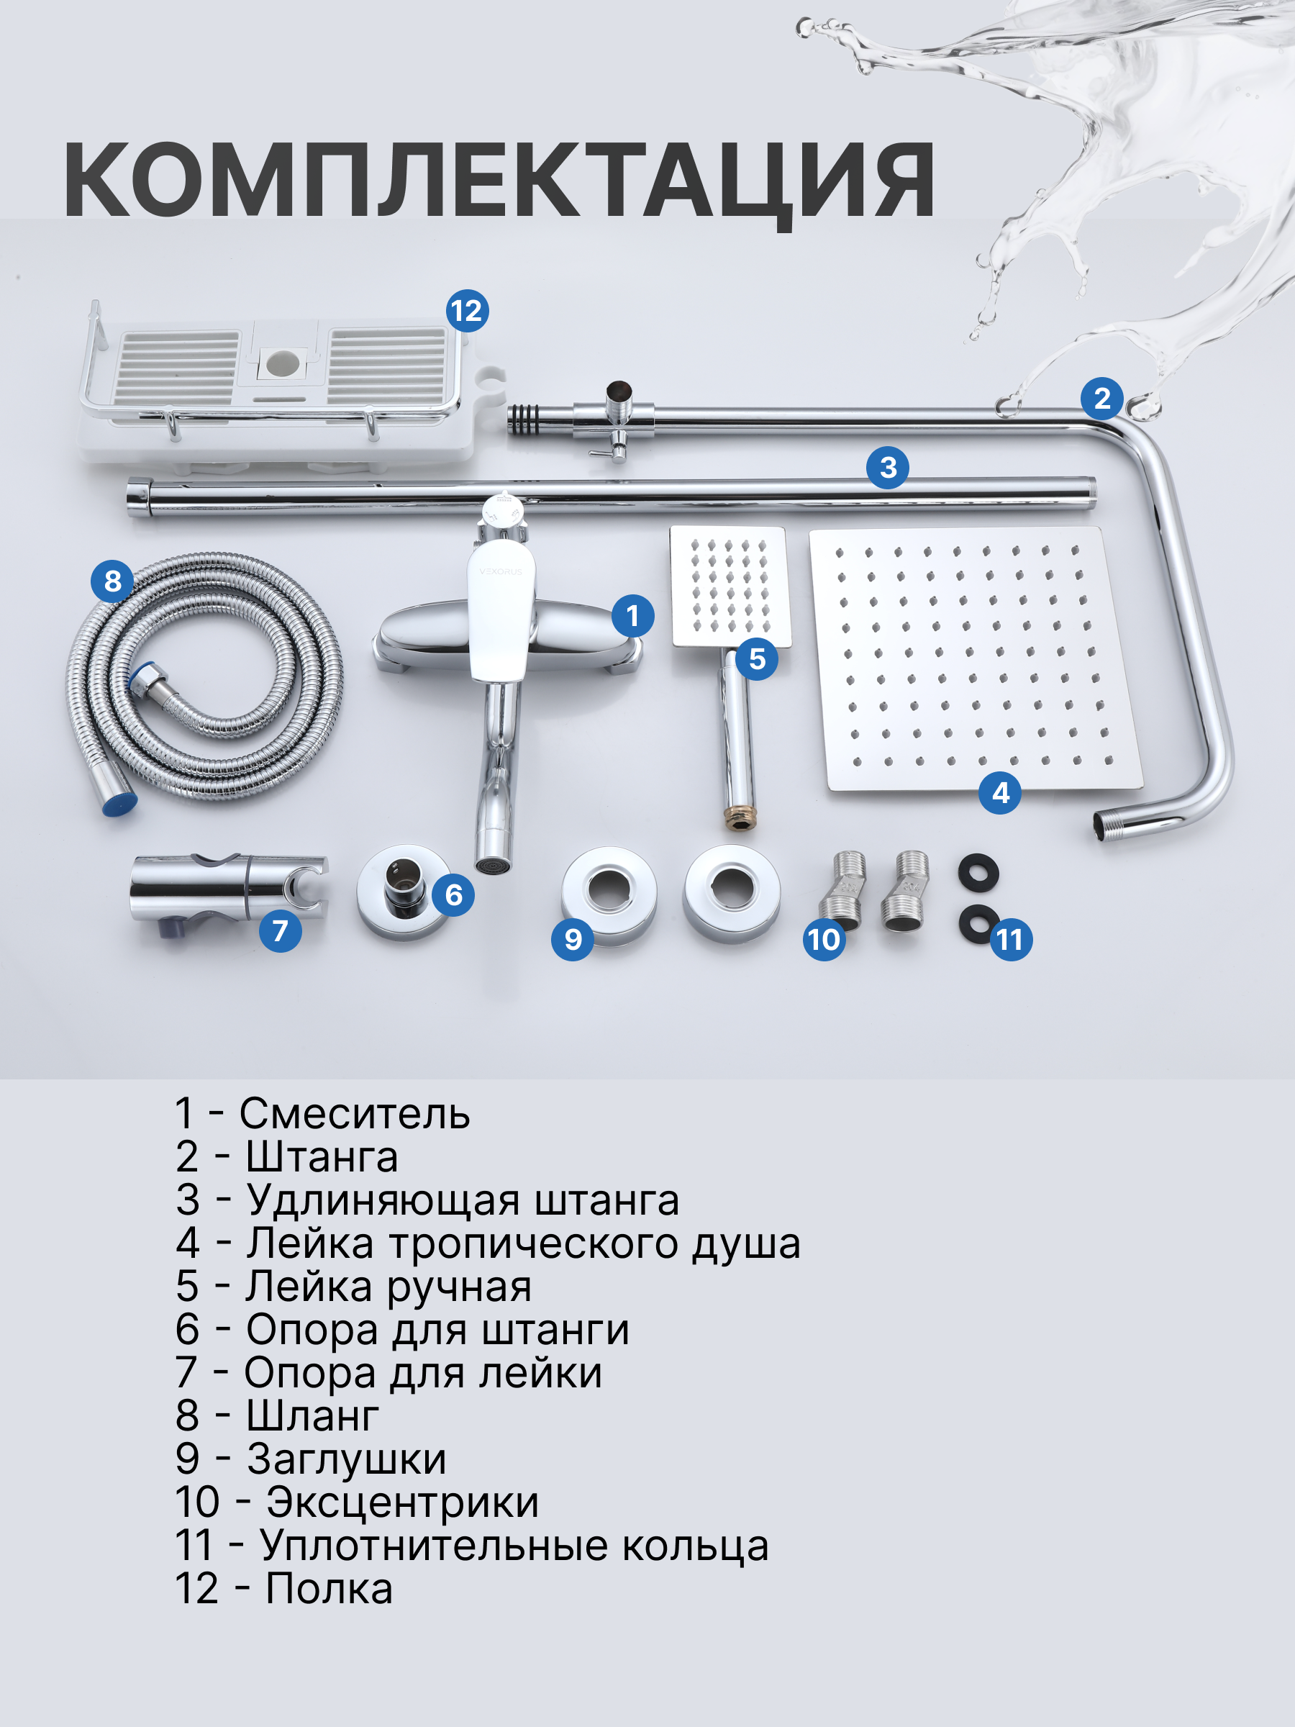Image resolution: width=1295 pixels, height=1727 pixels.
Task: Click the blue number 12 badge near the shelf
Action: [468, 311]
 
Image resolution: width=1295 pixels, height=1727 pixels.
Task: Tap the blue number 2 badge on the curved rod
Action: [1101, 399]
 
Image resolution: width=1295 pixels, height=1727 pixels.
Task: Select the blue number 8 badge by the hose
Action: [112, 581]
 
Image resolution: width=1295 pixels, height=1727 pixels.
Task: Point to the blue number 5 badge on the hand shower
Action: [756, 659]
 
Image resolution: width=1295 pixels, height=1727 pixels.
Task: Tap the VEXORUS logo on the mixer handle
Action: [500, 571]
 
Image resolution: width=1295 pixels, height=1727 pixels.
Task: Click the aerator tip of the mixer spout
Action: [494, 866]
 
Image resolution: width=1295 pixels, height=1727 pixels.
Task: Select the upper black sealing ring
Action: [978, 871]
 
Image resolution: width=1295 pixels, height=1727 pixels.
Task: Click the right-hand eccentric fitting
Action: [906, 890]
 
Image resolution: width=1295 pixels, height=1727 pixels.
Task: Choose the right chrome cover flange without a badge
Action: [732, 893]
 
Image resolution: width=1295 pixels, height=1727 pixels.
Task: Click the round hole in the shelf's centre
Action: [282, 363]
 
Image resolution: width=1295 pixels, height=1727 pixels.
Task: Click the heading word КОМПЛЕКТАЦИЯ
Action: [499, 181]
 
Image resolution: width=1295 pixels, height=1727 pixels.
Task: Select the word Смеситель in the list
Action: [354, 1113]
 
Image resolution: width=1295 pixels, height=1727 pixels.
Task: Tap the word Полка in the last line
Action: [329, 1588]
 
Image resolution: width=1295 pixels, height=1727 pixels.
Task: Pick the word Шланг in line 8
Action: [312, 1415]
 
